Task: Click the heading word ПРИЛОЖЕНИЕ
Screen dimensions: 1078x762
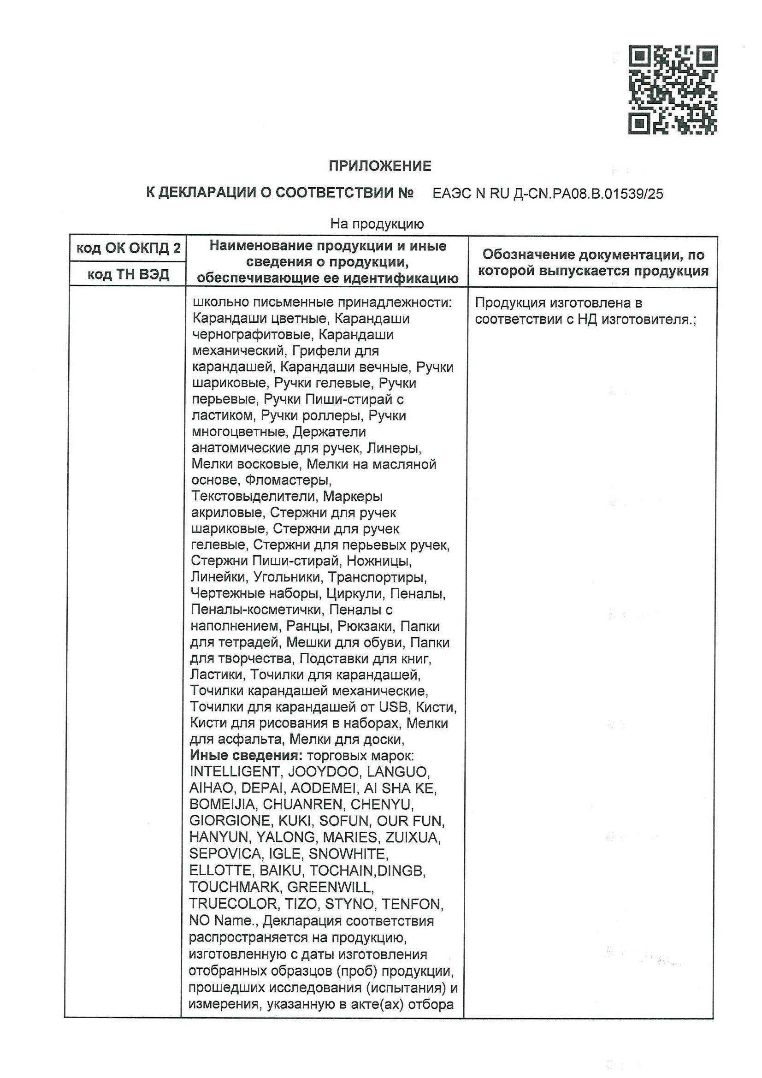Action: pos(379,166)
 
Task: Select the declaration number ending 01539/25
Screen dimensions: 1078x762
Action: pos(548,194)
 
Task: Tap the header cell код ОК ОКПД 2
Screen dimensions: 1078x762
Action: pos(128,248)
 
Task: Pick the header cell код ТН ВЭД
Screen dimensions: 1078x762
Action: pos(128,274)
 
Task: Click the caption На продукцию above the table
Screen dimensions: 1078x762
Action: pos(377,224)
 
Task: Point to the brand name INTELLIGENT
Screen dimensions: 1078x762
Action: pos(235,771)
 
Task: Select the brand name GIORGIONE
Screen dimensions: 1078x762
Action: pos(230,821)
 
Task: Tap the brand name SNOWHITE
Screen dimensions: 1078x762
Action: pos(348,853)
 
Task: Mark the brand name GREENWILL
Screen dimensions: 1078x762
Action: pos(330,887)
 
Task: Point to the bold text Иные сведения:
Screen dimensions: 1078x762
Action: pos(246,755)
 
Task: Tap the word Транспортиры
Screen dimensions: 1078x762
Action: pos(377,577)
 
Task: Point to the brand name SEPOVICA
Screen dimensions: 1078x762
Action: pos(225,853)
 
